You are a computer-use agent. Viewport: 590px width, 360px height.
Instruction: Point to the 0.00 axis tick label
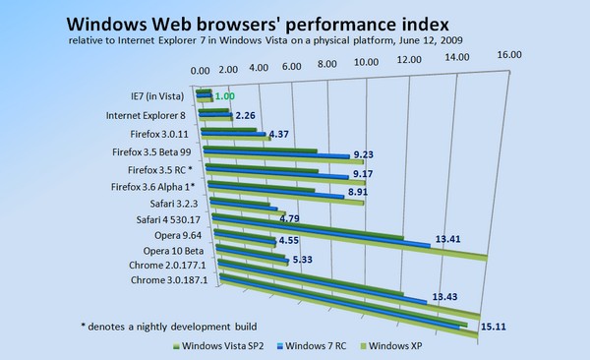tap(199, 72)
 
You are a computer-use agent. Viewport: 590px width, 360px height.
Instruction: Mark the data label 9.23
tap(364, 155)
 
